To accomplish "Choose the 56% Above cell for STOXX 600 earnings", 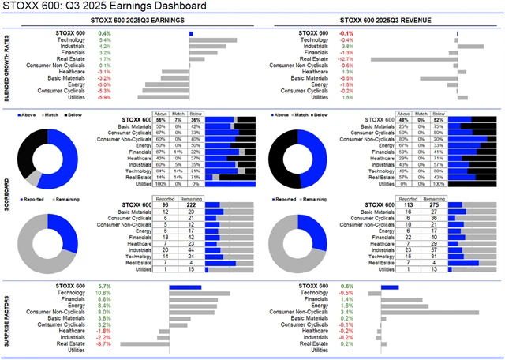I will [160, 119].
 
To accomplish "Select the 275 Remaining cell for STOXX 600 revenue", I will [432, 206].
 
